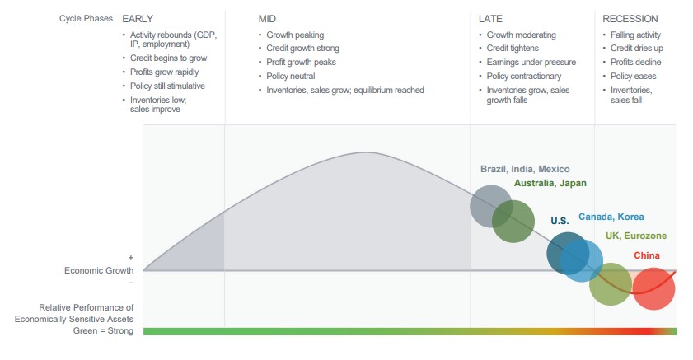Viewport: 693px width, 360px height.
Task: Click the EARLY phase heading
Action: click(138, 19)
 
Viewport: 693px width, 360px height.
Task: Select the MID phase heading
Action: click(267, 19)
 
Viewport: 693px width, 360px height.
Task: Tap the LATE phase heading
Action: click(490, 19)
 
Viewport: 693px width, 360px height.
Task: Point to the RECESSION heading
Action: click(630, 19)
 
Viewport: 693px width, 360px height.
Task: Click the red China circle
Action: click(653, 289)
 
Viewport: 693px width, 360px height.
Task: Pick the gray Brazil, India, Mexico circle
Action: click(491, 206)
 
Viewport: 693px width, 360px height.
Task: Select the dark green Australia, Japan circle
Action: click(513, 222)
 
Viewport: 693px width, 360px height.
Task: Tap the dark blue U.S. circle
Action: click(568, 254)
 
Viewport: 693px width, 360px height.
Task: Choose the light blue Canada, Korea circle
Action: click(582, 260)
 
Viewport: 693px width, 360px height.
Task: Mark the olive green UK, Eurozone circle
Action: click(611, 284)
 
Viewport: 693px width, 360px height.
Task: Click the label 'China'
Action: click(647, 255)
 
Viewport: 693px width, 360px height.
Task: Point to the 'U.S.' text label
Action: click(560, 221)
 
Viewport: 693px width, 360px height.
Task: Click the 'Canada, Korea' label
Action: click(611, 217)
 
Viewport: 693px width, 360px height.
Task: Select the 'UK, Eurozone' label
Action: click(636, 236)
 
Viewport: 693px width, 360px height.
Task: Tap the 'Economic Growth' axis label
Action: click(99, 270)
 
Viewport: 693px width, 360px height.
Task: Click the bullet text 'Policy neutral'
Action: click(290, 76)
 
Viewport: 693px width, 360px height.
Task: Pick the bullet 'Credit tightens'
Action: click(513, 48)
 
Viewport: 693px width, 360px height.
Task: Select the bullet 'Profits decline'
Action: click(635, 63)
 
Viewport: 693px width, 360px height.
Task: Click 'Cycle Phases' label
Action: click(86, 19)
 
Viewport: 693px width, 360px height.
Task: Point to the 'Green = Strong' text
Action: click(103, 331)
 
